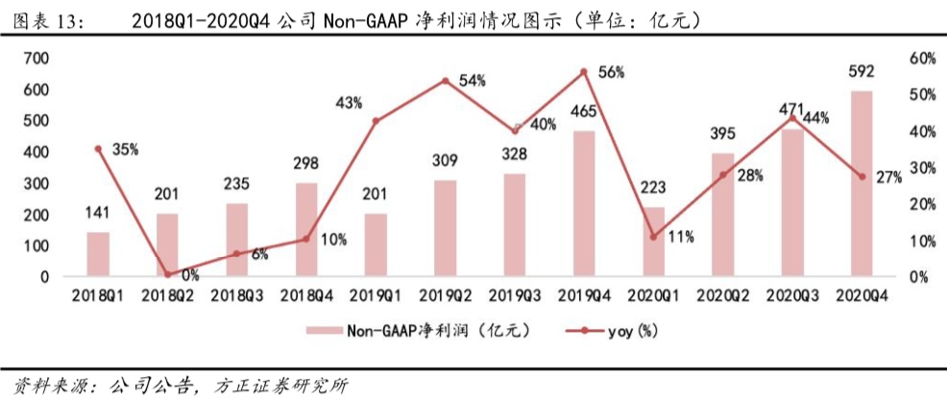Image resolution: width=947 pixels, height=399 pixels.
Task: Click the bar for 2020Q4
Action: click(x=862, y=184)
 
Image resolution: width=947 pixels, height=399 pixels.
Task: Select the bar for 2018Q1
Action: click(x=98, y=254)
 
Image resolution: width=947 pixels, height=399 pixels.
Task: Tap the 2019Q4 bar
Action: click(x=584, y=203)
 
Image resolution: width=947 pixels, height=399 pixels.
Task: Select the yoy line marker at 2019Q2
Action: click(x=445, y=81)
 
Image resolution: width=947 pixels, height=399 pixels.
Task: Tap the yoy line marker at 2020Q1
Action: click(x=653, y=237)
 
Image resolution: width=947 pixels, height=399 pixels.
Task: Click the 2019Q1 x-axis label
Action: click(x=375, y=298)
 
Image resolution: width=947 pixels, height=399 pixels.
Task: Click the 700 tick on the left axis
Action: click(x=36, y=59)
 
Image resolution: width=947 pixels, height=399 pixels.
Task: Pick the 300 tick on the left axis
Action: click(x=36, y=183)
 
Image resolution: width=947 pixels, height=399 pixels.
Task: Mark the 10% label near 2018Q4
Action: click(x=332, y=240)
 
